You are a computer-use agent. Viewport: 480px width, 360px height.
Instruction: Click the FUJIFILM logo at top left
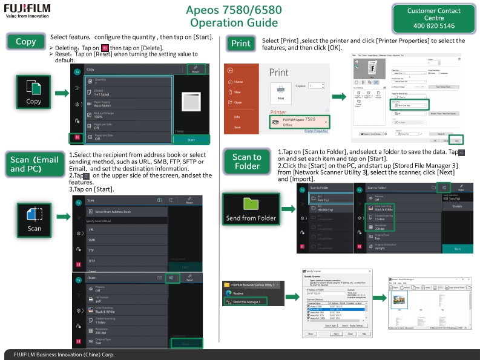(28, 10)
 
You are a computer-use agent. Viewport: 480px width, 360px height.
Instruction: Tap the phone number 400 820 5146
(433, 26)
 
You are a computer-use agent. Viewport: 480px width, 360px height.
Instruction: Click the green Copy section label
(26, 42)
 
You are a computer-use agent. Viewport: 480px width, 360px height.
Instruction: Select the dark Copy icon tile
(34, 93)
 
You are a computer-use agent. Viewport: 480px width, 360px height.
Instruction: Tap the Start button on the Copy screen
(191, 139)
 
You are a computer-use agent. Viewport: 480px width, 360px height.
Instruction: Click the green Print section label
(240, 43)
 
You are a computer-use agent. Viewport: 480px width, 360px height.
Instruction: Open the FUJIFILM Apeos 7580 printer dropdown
(299, 121)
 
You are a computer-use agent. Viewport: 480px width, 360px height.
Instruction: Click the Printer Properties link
(316, 131)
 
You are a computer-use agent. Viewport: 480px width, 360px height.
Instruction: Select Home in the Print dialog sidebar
(238, 82)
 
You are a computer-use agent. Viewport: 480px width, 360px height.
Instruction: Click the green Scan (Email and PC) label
(35, 164)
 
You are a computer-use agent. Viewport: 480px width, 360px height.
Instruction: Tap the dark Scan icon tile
(35, 219)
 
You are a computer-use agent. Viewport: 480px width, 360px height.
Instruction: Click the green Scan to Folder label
(247, 162)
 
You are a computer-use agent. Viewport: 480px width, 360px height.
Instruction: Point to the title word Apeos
(208, 11)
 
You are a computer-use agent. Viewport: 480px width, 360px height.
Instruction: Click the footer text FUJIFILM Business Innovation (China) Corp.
(60, 355)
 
